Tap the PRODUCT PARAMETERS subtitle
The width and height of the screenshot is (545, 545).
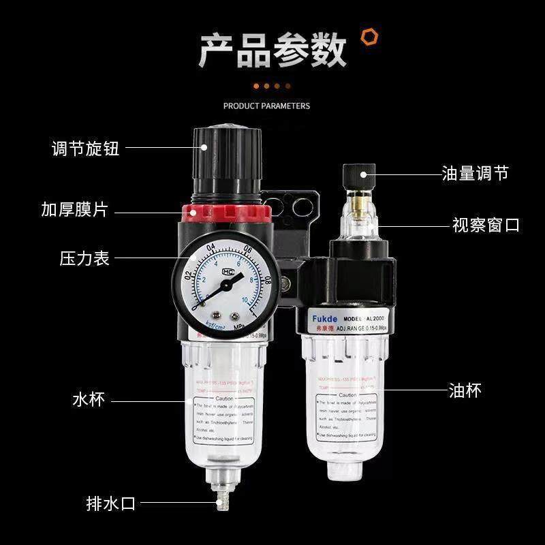pyautogui.click(x=266, y=106)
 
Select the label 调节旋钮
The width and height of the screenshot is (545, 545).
pyautogui.click(x=85, y=148)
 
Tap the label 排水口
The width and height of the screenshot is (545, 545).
pyautogui.click(x=111, y=504)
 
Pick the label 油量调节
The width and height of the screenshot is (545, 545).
pyautogui.click(x=475, y=174)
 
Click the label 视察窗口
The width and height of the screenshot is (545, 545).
pyautogui.click(x=486, y=225)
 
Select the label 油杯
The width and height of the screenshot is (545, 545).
pyautogui.click(x=465, y=390)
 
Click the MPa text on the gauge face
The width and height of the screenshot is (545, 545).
pyautogui.click(x=238, y=326)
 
